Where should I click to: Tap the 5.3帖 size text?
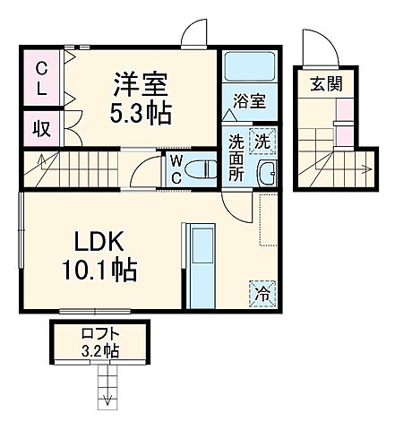pos(142,115)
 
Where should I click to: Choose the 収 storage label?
pos(42,127)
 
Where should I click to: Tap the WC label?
pos(177,168)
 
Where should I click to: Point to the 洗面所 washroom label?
pos(235,156)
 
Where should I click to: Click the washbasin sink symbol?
pos(265,174)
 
